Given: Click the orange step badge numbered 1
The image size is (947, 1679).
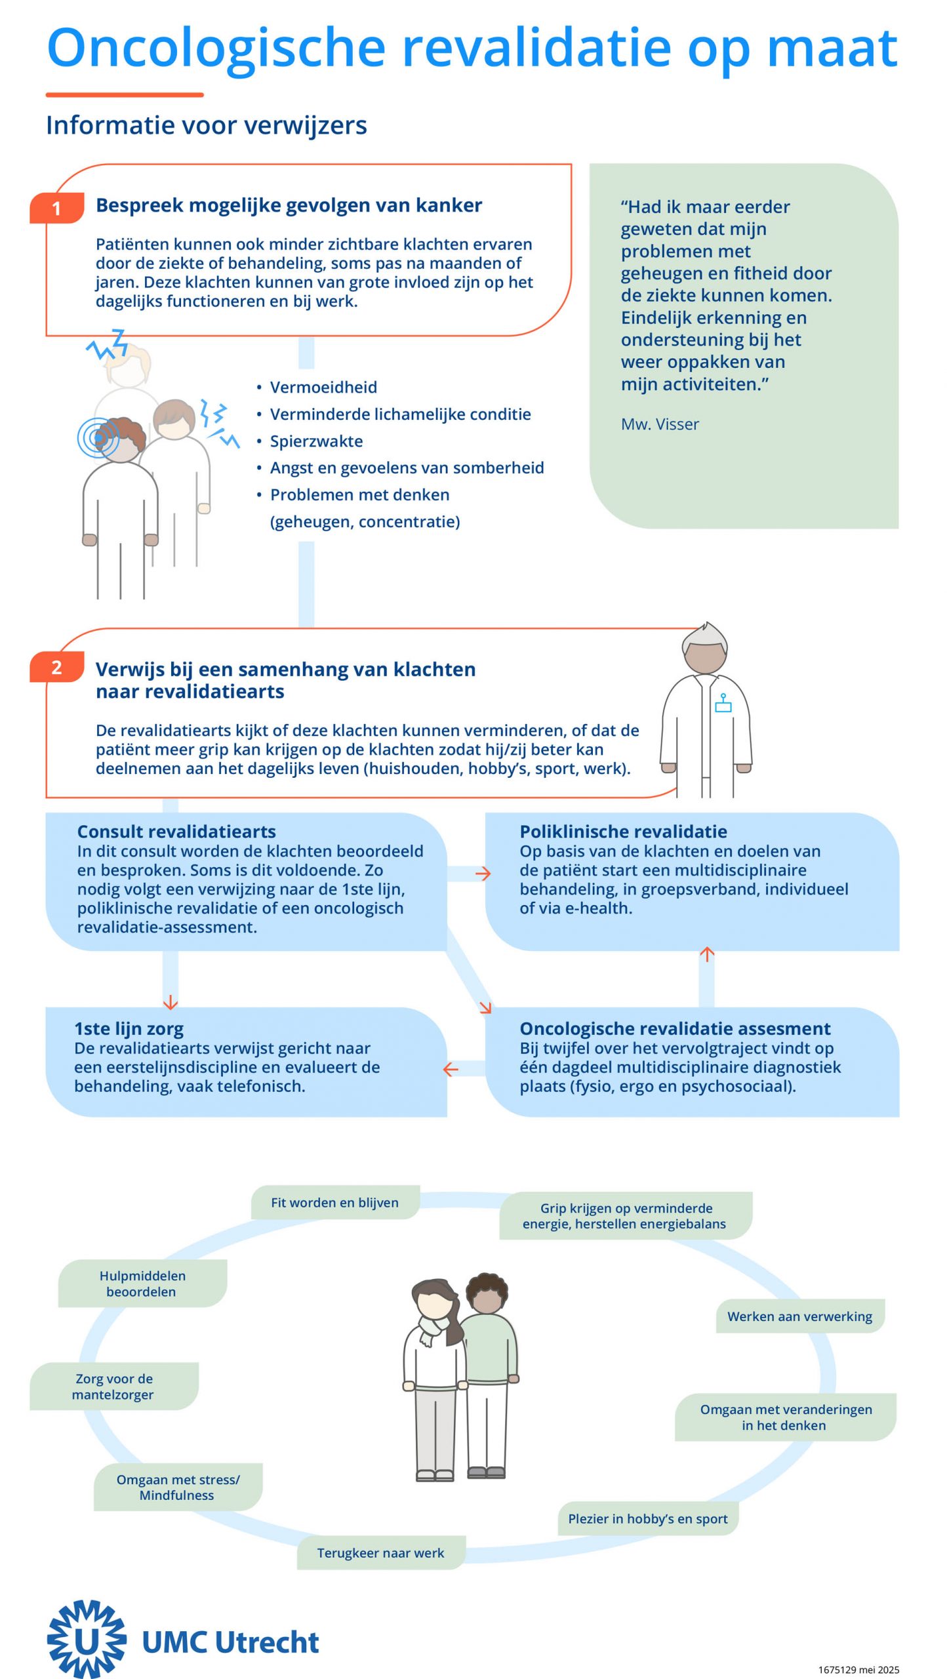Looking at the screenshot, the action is (x=57, y=208).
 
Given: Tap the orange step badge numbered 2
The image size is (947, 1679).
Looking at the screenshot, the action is (x=57, y=667).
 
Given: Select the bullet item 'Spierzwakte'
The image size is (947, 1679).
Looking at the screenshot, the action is (x=316, y=441).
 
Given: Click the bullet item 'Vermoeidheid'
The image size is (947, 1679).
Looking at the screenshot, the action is (x=323, y=388).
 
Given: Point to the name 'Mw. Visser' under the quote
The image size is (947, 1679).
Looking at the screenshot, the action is (x=660, y=424).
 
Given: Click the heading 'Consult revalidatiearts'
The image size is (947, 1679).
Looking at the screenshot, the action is (x=176, y=832).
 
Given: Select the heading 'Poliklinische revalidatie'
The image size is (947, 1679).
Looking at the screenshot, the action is (x=623, y=832).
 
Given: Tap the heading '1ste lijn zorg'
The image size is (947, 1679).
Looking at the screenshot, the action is (x=129, y=1028).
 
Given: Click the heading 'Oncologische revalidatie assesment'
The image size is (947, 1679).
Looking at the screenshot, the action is (x=675, y=1028).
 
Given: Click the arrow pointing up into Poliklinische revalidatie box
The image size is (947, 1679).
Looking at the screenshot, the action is (x=706, y=955).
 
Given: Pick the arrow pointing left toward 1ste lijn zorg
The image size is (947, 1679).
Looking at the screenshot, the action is (x=451, y=1069).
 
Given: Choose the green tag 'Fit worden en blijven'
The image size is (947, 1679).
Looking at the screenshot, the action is (x=335, y=1202).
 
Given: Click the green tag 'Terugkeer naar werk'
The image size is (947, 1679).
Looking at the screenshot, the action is (x=381, y=1553).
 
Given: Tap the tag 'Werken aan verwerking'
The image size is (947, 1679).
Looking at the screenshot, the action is (x=800, y=1316).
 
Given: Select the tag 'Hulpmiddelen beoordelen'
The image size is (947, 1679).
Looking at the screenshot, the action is (x=142, y=1284).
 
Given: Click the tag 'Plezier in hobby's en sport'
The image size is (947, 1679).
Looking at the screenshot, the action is (x=648, y=1518).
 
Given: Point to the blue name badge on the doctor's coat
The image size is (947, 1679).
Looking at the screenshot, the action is (x=723, y=703).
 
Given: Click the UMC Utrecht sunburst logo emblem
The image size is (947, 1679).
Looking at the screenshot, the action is (x=87, y=1639).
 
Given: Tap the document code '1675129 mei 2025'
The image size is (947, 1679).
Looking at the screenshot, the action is (x=858, y=1670).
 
